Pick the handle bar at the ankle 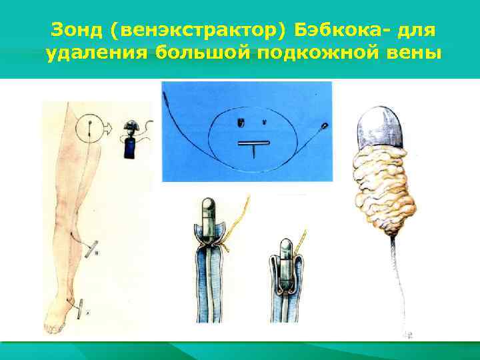coord(80,309)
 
